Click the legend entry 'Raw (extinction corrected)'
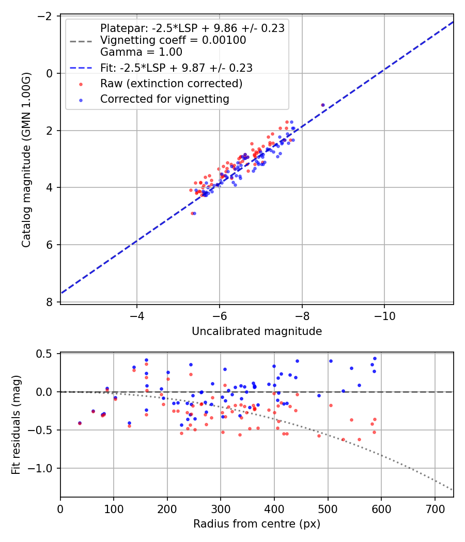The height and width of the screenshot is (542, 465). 171,83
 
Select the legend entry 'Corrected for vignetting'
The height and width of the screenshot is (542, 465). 165,99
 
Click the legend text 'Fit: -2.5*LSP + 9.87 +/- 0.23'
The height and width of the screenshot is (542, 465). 176,68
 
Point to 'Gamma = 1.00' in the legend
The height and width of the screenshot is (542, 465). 141,52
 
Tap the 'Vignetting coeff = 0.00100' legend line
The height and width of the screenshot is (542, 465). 173,40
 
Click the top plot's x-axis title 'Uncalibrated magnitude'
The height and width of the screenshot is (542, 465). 257,331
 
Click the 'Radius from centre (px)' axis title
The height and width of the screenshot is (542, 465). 257,524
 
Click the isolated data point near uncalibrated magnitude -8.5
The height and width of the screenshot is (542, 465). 323,105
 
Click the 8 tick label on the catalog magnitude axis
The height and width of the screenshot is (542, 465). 50,302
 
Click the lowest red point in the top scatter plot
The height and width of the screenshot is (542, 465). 192,213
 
